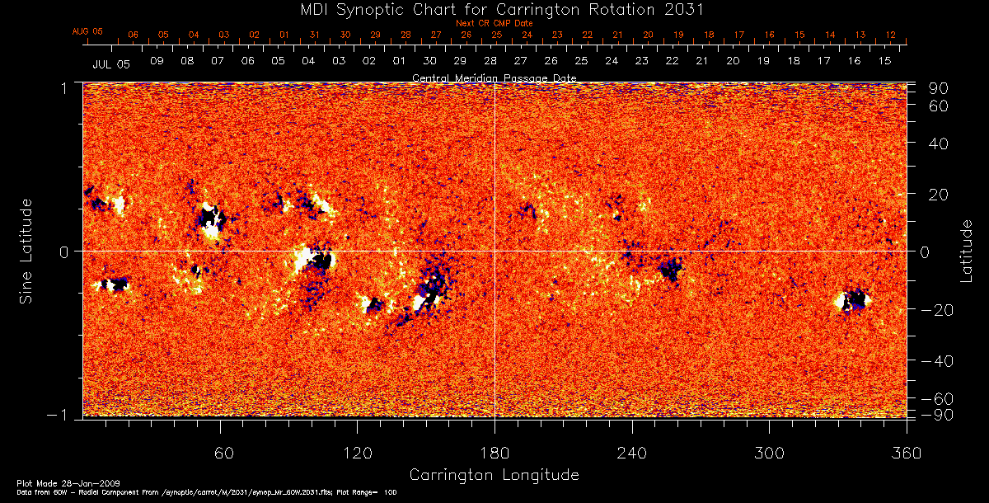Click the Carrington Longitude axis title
pyautogui.click(x=494, y=475)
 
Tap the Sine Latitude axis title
pyautogui.click(x=26, y=251)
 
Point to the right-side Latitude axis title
pyautogui.click(x=966, y=251)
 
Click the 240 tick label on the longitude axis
pyautogui.click(x=632, y=453)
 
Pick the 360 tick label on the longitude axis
pyautogui.click(x=907, y=453)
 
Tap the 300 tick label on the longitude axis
pyautogui.click(x=769, y=453)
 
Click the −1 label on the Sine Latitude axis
pyautogui.click(x=63, y=416)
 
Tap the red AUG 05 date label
pyautogui.click(x=87, y=31)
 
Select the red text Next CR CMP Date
pyautogui.click(x=494, y=23)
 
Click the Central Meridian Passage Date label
pyautogui.click(x=494, y=78)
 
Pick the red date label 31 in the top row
pyautogui.click(x=315, y=35)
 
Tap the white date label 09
pyautogui.click(x=157, y=62)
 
